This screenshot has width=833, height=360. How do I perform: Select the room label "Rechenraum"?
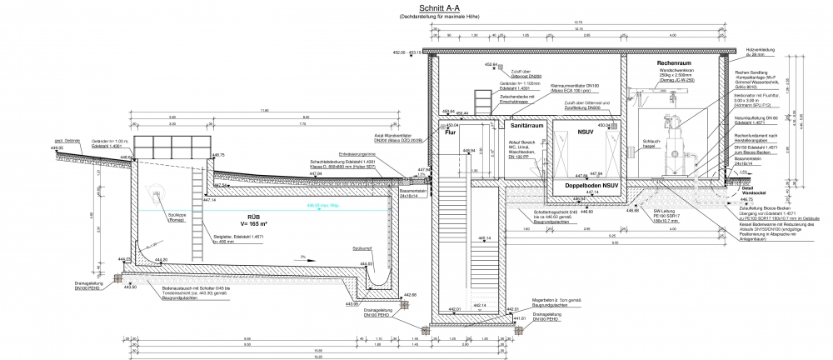tap(676, 63)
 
